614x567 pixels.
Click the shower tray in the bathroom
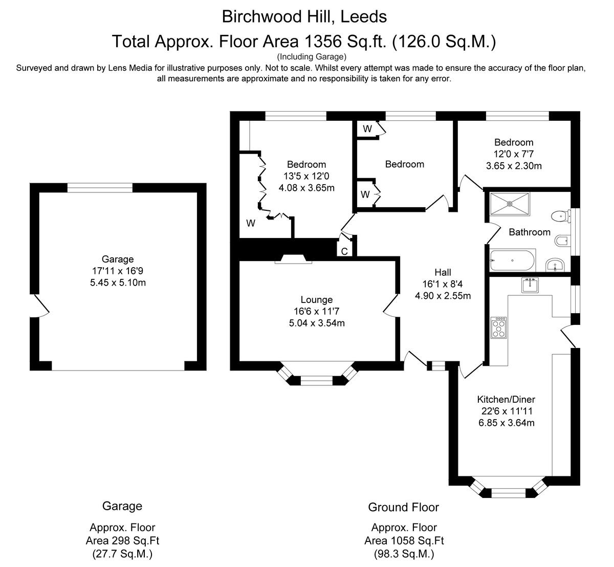click(x=510, y=204)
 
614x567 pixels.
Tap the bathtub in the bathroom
click(x=513, y=260)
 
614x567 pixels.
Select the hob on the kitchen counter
click(x=499, y=328)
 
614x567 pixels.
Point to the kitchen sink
click(x=530, y=285)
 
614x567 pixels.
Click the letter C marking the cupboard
click(x=344, y=251)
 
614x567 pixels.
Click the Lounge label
click(x=317, y=299)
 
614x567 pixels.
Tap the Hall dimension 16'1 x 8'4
click(x=443, y=284)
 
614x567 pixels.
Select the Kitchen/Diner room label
click(x=506, y=399)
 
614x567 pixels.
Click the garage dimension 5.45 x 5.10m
click(x=118, y=282)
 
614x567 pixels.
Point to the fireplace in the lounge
click(x=293, y=259)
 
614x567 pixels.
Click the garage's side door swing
click(x=39, y=306)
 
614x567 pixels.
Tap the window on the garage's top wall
click(x=100, y=188)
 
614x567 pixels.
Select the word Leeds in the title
click(x=364, y=16)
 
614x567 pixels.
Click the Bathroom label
click(x=530, y=232)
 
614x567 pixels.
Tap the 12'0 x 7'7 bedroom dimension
click(x=514, y=154)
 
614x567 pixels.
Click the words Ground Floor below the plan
click(x=404, y=507)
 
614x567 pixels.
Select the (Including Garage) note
click(x=312, y=57)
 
